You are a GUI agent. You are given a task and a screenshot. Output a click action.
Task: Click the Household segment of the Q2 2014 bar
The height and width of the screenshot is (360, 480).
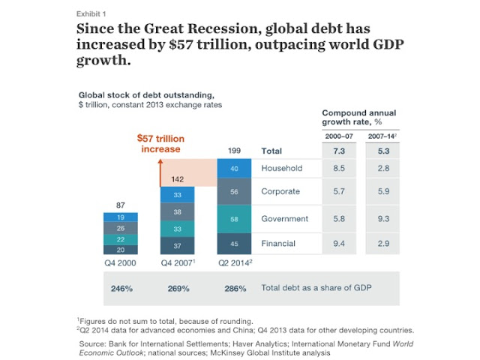click(234, 168)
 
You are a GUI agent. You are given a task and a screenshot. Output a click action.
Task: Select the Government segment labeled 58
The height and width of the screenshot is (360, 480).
click(234, 219)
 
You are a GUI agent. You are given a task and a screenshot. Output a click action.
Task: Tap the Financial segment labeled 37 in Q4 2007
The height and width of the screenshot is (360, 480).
click(177, 245)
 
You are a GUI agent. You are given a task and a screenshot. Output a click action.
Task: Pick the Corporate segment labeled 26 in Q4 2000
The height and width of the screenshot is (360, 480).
click(121, 228)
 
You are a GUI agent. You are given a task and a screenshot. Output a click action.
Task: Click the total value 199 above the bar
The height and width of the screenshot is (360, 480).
click(234, 151)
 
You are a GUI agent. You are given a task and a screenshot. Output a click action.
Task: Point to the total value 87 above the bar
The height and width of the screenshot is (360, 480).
click(121, 205)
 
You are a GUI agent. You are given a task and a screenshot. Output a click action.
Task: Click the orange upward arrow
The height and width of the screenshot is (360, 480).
click(160, 172)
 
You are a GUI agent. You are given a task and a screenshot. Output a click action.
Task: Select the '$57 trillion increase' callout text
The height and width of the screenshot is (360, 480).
click(160, 143)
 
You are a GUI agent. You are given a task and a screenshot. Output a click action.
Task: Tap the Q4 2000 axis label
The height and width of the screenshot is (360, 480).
click(120, 263)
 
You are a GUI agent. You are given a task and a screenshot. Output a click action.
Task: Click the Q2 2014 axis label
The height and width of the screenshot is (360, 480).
click(235, 262)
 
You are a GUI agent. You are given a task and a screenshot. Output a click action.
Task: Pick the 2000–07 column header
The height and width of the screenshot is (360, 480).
click(339, 136)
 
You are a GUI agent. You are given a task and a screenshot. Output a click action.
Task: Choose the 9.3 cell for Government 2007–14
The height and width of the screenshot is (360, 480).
click(383, 219)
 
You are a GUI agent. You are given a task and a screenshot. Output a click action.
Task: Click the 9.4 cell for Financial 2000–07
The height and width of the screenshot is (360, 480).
click(339, 244)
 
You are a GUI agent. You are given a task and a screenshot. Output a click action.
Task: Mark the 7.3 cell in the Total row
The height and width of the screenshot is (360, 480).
click(339, 151)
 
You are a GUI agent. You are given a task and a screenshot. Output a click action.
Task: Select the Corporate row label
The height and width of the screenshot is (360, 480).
click(280, 191)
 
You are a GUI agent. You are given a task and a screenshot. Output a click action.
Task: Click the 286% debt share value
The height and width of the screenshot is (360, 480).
click(235, 289)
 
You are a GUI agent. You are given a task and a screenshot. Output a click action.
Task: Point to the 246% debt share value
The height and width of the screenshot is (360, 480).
click(121, 289)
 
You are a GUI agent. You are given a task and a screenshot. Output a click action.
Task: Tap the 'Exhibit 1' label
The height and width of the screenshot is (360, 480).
click(91, 14)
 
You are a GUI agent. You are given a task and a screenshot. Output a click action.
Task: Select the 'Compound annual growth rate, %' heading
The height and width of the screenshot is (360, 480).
click(359, 117)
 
